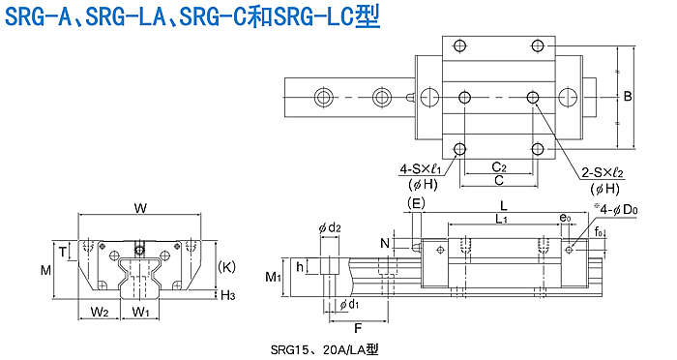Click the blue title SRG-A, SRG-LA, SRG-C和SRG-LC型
192,16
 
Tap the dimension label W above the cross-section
140,208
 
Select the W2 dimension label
100,312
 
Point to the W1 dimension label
140,312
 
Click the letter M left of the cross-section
45,271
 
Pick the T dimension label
63,251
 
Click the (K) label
226,267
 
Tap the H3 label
227,295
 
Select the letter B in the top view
628,96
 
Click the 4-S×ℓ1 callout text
418,169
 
